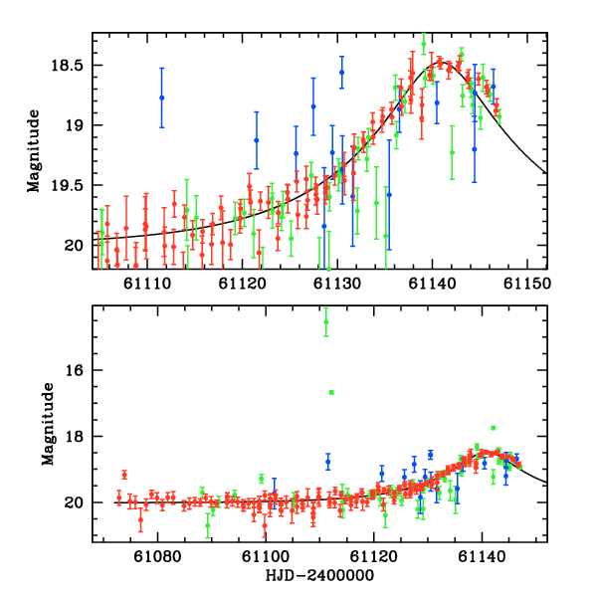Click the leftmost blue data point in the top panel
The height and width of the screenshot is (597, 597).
point(162,98)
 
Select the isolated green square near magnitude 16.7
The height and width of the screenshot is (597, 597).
point(331,392)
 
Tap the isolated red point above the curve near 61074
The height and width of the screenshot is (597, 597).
point(124,475)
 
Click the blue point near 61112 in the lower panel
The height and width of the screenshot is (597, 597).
point(327,462)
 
